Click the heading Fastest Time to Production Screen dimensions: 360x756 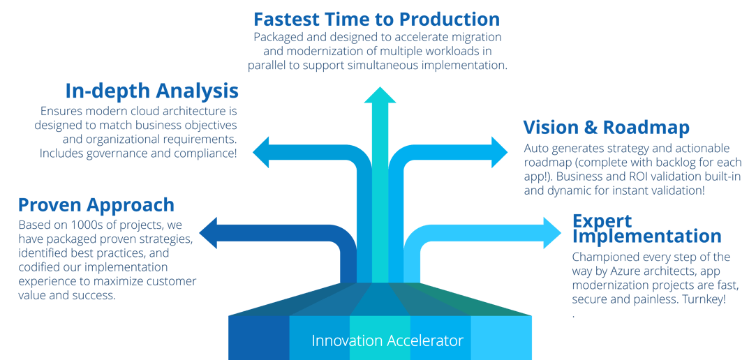click(x=376, y=18)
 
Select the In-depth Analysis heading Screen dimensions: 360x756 click(x=151, y=91)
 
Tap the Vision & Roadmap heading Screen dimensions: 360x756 click(x=606, y=128)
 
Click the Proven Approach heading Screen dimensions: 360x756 click(x=96, y=205)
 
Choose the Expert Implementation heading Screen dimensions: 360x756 click(x=646, y=228)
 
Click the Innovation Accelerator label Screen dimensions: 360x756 click(x=387, y=341)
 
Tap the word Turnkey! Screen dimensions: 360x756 click(x=706, y=299)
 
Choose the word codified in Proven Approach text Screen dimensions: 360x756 click(x=40, y=267)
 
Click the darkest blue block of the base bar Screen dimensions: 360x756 click(x=258, y=338)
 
